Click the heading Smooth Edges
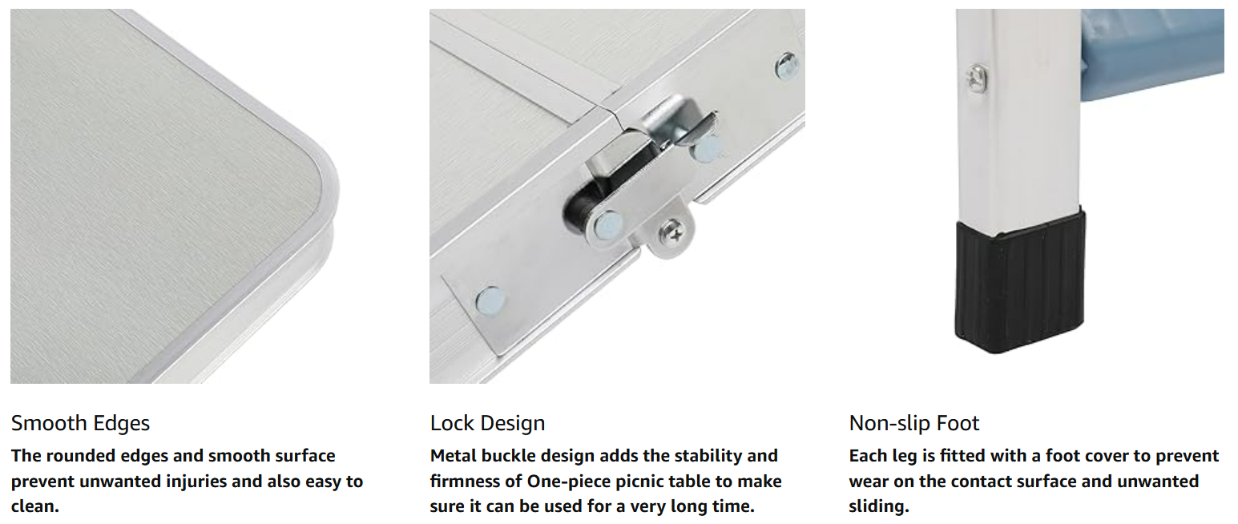click(80, 423)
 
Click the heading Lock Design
click(487, 423)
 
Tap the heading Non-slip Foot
click(914, 423)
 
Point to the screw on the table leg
click(977, 78)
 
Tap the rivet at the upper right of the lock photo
click(787, 66)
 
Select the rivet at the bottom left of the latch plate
click(490, 302)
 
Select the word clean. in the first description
click(34, 506)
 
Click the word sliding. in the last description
click(879, 506)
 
